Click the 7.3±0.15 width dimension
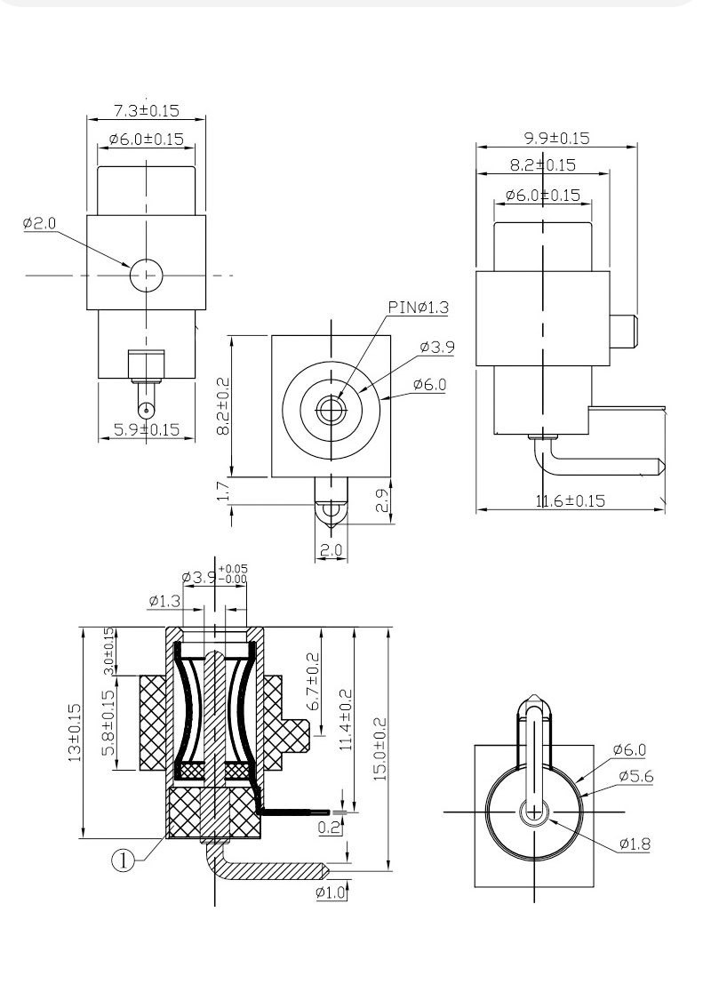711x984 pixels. point(147,111)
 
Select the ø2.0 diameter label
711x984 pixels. point(40,223)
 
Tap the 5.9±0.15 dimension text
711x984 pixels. point(147,429)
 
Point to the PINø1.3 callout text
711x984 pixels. point(419,308)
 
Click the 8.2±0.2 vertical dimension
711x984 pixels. point(223,406)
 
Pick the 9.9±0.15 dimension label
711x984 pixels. point(556,138)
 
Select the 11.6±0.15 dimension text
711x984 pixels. point(570,500)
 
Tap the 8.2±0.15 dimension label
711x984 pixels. point(542,164)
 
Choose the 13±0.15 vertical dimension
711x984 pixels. point(75,733)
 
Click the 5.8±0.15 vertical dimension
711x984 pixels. point(108,724)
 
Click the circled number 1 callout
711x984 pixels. point(124,859)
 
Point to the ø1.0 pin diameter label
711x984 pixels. point(331,892)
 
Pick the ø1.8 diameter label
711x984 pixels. point(635,843)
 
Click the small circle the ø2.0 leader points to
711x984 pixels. point(147,276)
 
